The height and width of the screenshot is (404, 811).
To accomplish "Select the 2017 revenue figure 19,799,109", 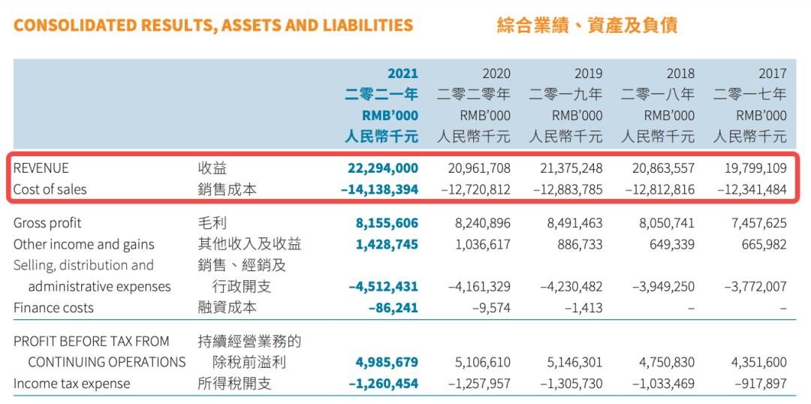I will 752,169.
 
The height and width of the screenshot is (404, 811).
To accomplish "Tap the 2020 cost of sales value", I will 475,190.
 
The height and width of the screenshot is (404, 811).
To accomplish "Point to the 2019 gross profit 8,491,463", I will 571,223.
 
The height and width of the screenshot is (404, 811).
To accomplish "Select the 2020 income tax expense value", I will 475,384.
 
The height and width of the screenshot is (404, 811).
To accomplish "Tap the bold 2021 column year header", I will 402,74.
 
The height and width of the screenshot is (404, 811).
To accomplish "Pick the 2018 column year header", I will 680,74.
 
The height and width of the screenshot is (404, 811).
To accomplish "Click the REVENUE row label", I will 41,169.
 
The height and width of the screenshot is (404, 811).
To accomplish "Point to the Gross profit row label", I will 47,223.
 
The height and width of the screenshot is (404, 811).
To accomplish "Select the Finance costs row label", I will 53,307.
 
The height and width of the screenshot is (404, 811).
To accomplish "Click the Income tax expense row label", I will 71,384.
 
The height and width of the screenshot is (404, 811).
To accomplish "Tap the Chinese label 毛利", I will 211,223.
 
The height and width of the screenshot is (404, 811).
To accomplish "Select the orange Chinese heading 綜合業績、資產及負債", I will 587,25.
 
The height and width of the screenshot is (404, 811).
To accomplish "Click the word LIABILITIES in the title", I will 368,26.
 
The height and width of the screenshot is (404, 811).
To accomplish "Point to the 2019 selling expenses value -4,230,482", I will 568,286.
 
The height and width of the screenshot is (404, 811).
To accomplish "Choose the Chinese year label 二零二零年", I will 474,95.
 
